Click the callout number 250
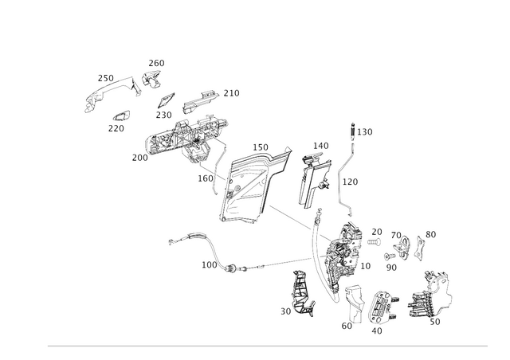[106, 78]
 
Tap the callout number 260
[156, 63]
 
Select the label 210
[231, 93]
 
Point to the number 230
[163, 115]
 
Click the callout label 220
[116, 129]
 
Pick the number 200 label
[140, 158]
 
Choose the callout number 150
[261, 147]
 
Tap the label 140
[320, 146]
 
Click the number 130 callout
[365, 132]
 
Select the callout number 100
[209, 265]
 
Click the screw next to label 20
[374, 242]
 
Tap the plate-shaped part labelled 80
[420, 248]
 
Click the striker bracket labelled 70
[402, 246]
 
